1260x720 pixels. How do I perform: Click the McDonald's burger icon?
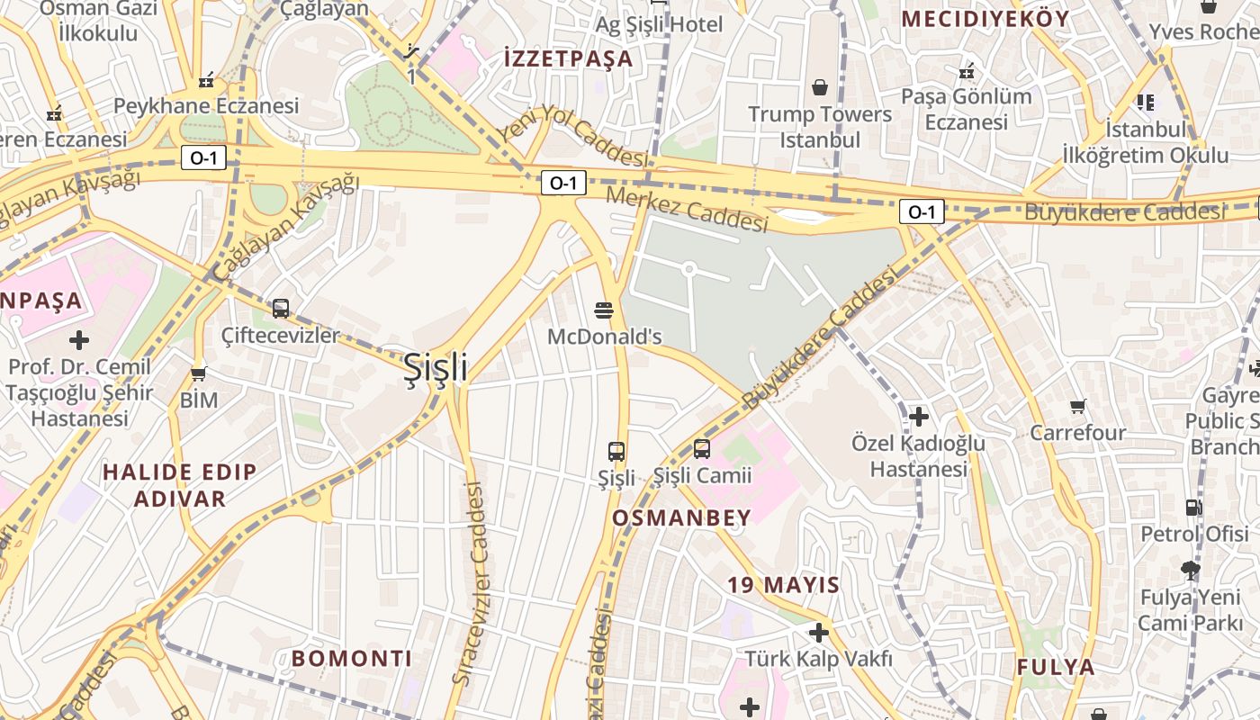click(604, 310)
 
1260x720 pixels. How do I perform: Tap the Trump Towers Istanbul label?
click(820, 127)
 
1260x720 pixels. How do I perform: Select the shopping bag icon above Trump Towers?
click(820, 87)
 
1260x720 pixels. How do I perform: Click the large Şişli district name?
click(435, 367)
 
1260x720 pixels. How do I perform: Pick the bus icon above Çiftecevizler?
click(281, 309)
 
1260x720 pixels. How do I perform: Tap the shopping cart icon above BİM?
click(199, 373)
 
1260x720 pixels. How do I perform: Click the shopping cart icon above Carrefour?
click(1078, 407)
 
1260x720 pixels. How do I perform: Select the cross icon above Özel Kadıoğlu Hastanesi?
click(919, 417)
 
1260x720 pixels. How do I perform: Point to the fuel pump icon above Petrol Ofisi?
click(1193, 507)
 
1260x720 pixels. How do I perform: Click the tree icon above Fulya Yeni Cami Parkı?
click(1190, 570)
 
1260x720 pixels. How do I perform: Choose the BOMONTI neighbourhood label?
click(352, 659)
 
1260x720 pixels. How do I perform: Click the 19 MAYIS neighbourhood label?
click(783, 585)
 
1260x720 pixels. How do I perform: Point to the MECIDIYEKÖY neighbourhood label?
click(985, 19)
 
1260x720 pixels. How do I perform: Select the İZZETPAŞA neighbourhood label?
click(569, 59)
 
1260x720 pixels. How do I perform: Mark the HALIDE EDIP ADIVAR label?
click(179, 484)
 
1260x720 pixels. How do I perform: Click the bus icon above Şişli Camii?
click(702, 448)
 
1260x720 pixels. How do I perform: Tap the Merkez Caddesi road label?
click(687, 209)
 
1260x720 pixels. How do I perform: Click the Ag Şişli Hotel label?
click(659, 24)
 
